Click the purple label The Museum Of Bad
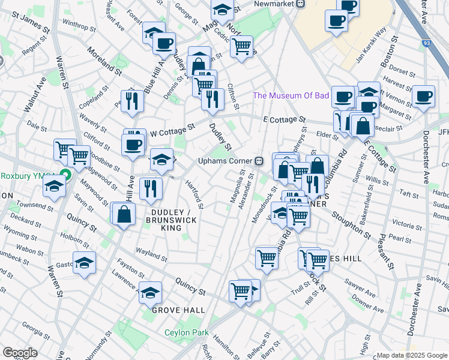[x=291, y=95]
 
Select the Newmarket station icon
[x=301, y=4]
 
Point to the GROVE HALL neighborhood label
[x=178, y=310]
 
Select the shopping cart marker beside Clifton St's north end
[x=241, y=45]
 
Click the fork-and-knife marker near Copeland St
[x=131, y=100]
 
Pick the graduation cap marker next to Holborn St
[x=85, y=263]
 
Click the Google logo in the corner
[x=20, y=353]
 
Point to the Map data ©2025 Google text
[x=412, y=355]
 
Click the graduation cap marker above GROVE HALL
[x=151, y=292]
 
